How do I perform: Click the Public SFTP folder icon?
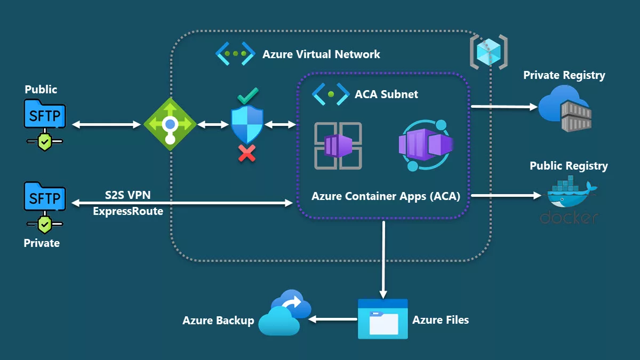pos(45,115)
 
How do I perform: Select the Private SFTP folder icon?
pos(45,199)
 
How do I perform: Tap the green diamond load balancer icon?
pos(170,124)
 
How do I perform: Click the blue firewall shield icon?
pos(247,124)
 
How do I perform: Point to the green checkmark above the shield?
pos(247,96)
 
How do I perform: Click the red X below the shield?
pos(246,154)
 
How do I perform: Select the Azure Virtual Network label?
pos(321,54)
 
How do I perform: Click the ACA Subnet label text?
pos(386,94)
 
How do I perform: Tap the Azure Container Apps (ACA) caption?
pos(386,196)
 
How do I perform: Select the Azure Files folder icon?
pos(382,319)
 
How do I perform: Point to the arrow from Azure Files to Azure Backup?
pos(333,319)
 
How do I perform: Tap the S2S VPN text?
pos(127,195)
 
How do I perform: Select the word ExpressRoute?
pos(128,211)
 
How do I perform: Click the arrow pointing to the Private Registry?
pos(504,107)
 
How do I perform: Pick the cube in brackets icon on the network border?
pos(488,52)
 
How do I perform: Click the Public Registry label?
pos(569,166)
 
